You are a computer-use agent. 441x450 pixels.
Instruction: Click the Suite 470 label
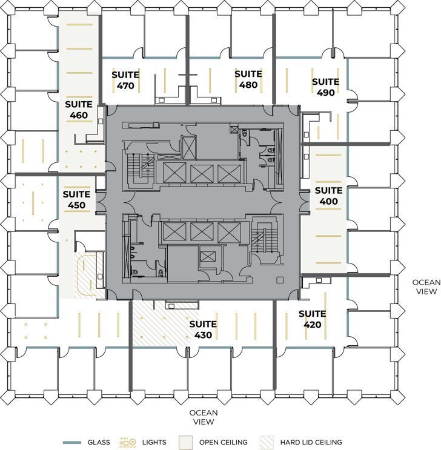coord(125,80)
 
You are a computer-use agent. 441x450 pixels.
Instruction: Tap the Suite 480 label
coord(248,79)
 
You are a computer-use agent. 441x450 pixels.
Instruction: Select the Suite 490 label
coord(325,87)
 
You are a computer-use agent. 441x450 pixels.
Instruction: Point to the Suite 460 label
coord(79,110)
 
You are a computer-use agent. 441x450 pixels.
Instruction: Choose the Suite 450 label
coord(76,200)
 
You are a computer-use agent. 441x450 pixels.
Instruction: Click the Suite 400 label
coord(328,196)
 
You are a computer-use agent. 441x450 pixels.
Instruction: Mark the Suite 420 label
coord(312,319)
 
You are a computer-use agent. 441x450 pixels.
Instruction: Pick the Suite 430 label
coord(203,329)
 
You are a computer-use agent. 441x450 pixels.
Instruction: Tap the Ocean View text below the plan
coord(203,417)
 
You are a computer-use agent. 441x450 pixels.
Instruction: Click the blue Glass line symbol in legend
coord(71,443)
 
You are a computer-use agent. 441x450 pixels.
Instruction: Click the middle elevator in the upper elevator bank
coord(201,173)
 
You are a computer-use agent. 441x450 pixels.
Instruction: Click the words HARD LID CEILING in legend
coord(310,443)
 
